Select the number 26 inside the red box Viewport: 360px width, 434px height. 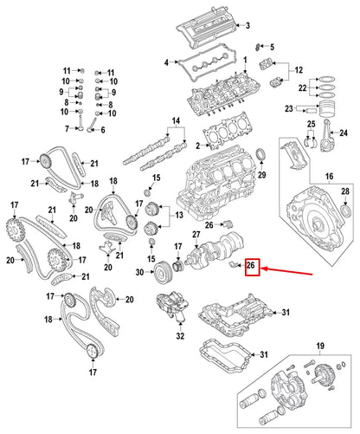pyautogui.click(x=251, y=267)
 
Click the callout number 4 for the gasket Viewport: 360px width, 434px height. pyautogui.click(x=168, y=62)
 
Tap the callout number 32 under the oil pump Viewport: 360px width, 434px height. pyautogui.click(x=180, y=335)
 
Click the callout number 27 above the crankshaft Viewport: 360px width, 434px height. pyautogui.click(x=196, y=235)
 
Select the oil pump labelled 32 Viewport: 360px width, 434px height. pyautogui.click(x=168, y=309)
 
